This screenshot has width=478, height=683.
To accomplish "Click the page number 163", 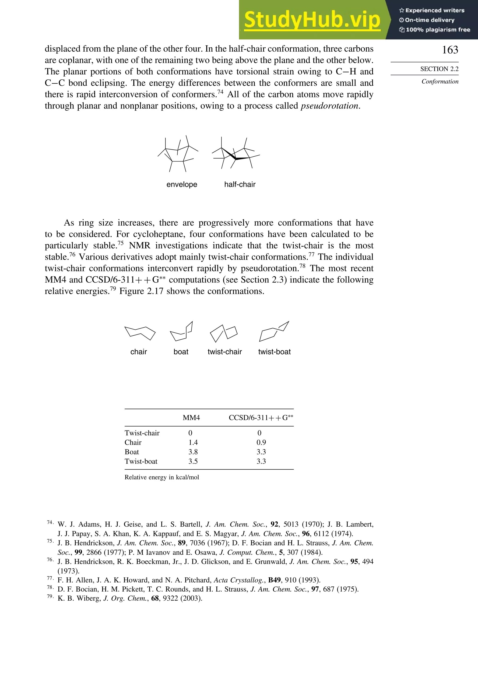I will (450, 50).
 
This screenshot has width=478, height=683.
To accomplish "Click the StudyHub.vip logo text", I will (312, 20).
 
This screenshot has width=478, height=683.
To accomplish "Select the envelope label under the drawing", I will (182, 184).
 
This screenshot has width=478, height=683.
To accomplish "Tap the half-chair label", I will (240, 184).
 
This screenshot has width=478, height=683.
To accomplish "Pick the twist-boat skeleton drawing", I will (274, 331).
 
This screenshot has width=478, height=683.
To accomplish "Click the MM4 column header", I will (191, 418).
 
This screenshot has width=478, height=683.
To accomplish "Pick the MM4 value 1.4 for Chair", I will (193, 442).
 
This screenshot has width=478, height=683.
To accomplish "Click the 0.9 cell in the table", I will (261, 442).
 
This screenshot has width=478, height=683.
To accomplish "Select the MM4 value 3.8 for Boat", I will (193, 452).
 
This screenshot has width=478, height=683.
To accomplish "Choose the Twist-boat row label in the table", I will (141, 461).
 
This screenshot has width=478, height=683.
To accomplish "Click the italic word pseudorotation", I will (329, 106).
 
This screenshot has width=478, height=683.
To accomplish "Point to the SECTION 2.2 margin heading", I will (439, 69).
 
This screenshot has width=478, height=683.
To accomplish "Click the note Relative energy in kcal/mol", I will (162, 477).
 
